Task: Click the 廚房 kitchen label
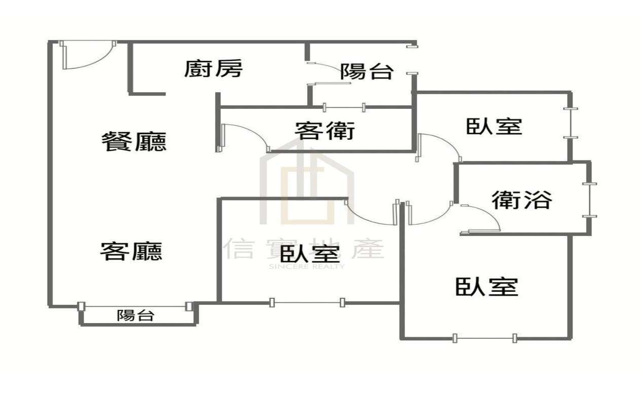[x=213, y=69]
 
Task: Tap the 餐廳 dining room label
[x=134, y=141]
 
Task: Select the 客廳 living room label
[x=131, y=251]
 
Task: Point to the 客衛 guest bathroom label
[x=325, y=130]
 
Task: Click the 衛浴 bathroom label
[x=522, y=200]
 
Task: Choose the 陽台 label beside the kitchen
[x=367, y=71]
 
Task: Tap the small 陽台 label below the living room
[x=135, y=315]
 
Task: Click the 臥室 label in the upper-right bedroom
[x=494, y=126]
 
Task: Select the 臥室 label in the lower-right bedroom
[x=487, y=287]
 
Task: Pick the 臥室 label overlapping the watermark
[x=310, y=254]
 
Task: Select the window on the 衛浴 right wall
[x=589, y=200]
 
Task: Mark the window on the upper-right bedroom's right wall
[x=571, y=123]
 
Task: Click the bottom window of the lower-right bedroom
[x=485, y=338]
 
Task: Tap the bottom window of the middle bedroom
[x=307, y=302]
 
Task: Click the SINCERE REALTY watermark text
[x=306, y=267]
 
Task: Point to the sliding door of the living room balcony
[x=135, y=306]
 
